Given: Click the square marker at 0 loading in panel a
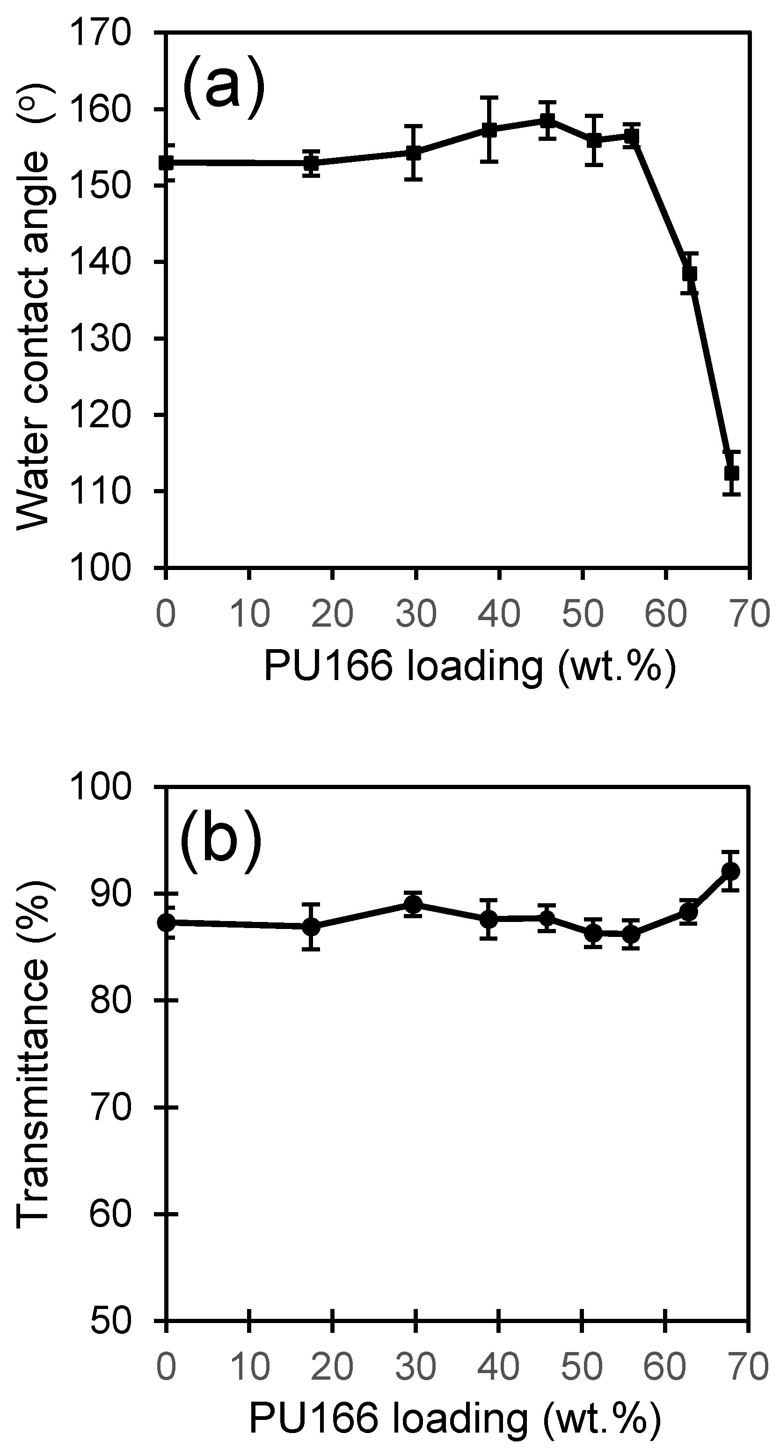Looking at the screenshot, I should click(166, 163).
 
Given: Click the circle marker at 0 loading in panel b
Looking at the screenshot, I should click(166, 922).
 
